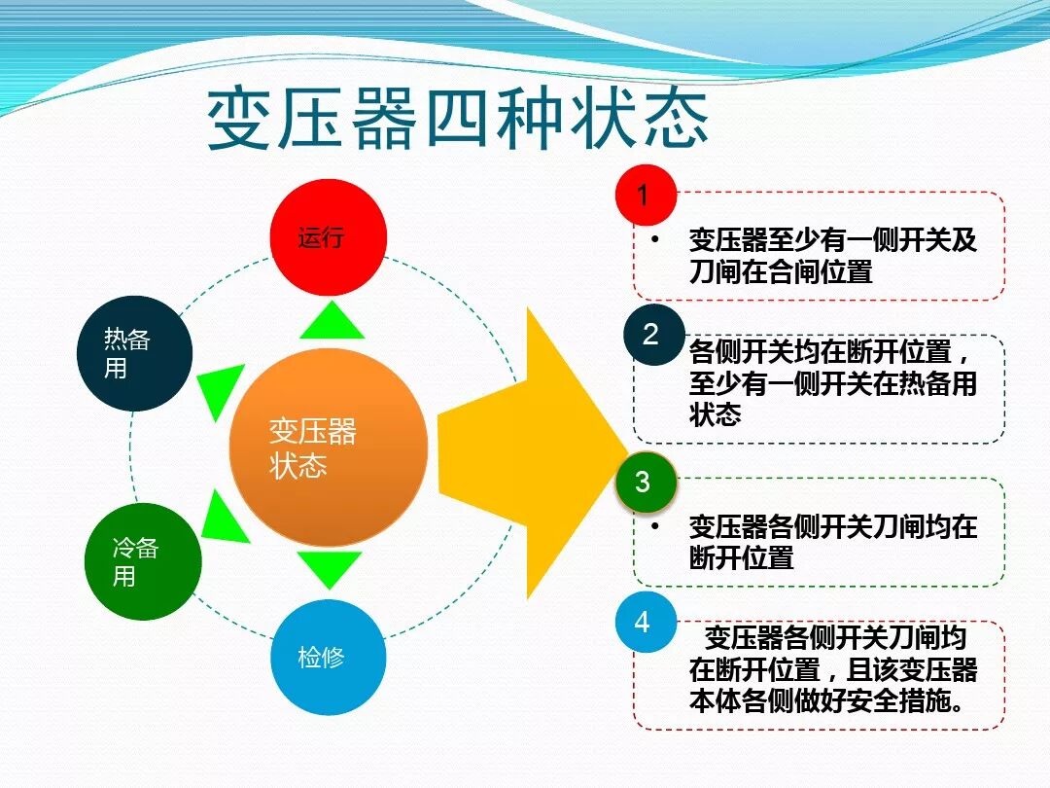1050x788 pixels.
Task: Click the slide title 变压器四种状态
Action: click(x=458, y=122)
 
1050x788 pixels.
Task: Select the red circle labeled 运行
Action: click(x=328, y=237)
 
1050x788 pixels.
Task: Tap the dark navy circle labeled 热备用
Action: click(x=134, y=353)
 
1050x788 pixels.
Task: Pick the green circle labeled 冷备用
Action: click(x=143, y=562)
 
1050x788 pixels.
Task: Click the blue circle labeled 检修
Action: click(x=328, y=657)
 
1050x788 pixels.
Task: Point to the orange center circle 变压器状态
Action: click(x=328, y=448)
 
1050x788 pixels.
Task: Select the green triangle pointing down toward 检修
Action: click(x=330, y=567)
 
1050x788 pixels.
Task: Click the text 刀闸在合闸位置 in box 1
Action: click(x=781, y=271)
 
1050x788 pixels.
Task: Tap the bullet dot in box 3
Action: click(x=656, y=526)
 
